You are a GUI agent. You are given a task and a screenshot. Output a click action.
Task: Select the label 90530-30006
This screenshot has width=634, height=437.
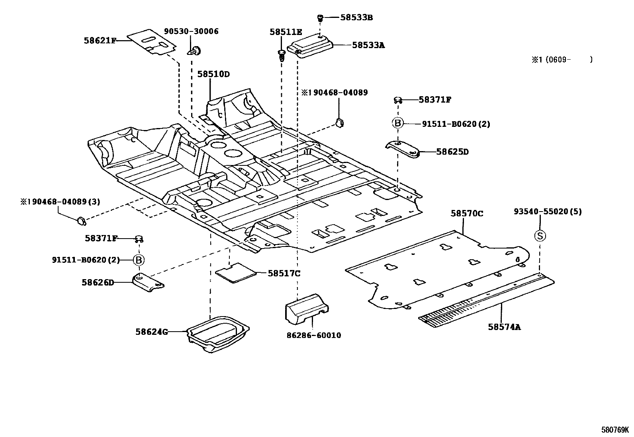tap(191, 31)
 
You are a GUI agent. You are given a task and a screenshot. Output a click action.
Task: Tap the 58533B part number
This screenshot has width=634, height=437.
tap(356, 17)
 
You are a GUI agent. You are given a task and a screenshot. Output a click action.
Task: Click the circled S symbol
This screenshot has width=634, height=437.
tap(540, 236)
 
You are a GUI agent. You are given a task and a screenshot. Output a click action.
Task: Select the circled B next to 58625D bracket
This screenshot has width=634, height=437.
tap(397, 123)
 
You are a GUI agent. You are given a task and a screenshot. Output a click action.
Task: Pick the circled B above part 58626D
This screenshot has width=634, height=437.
tap(139, 260)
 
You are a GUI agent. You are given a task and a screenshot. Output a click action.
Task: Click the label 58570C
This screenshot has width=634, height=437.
tap(467, 214)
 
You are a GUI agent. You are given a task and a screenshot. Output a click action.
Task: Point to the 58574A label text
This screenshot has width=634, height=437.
tap(504, 327)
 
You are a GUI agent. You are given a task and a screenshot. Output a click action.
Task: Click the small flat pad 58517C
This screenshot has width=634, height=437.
tap(236, 273)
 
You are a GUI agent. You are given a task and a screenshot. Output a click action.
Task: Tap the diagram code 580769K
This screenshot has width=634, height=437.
tap(615, 430)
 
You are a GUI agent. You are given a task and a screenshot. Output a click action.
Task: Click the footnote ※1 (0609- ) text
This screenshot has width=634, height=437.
tap(562, 60)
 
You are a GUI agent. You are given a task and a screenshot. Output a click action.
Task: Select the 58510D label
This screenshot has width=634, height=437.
tap(213, 74)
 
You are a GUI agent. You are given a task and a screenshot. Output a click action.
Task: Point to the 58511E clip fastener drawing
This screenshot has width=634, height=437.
tap(282, 55)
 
